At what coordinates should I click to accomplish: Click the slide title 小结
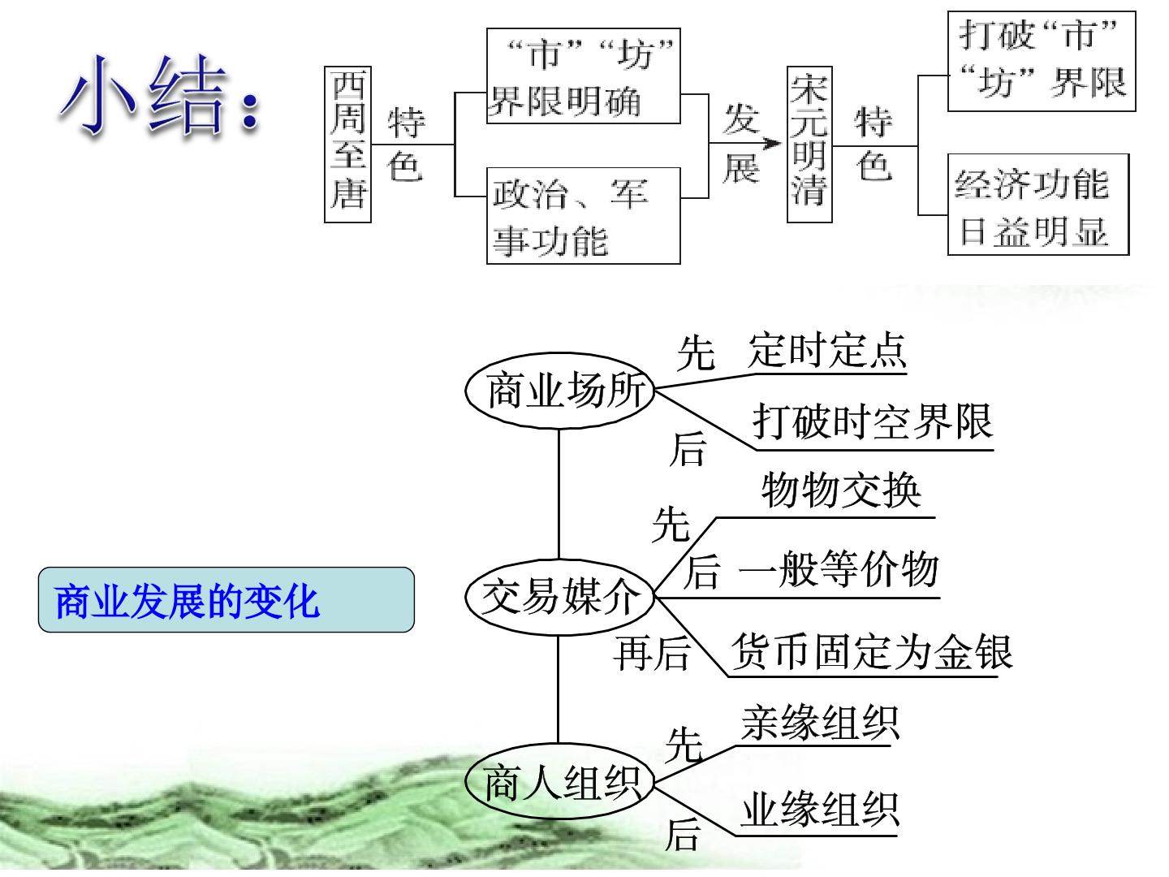point(160,97)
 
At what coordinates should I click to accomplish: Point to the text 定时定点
point(827,350)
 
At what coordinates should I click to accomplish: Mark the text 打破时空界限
point(873,421)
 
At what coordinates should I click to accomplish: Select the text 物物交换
point(841,490)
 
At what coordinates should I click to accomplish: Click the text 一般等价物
point(839,568)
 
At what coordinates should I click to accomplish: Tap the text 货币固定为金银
point(871,651)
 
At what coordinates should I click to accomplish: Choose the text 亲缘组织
point(820,723)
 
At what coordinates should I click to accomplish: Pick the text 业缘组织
point(820,810)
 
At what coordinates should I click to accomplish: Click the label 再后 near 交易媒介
point(652,654)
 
